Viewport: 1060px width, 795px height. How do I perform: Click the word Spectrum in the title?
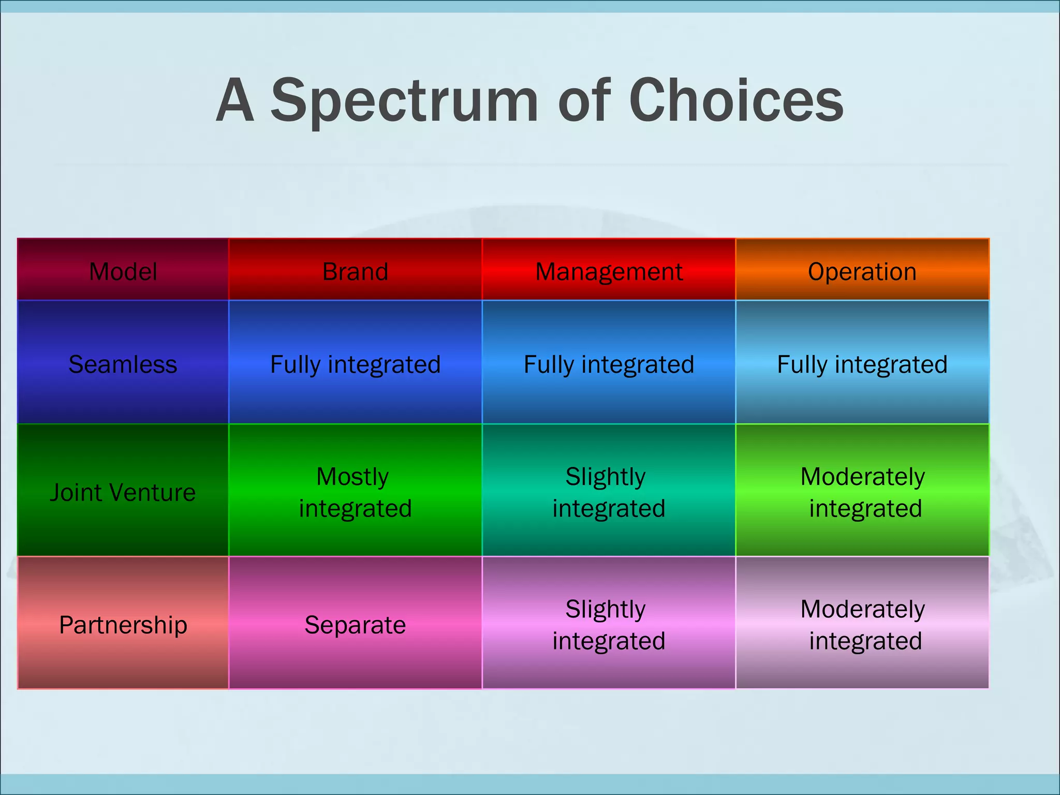pyautogui.click(x=405, y=101)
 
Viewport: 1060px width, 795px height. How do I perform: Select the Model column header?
pyautogui.click(x=123, y=271)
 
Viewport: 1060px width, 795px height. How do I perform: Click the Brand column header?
pyautogui.click(x=355, y=271)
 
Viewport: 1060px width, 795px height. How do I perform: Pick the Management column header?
pyautogui.click(x=609, y=271)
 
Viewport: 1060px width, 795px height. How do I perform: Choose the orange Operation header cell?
pyautogui.click(x=862, y=271)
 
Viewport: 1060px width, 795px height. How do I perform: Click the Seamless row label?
pyautogui.click(x=123, y=364)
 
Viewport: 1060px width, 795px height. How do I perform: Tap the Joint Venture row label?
pyautogui.click(x=123, y=492)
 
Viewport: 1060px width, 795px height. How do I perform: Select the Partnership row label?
pyautogui.click(x=123, y=625)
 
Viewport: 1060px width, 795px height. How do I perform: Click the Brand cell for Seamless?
pyautogui.click(x=355, y=364)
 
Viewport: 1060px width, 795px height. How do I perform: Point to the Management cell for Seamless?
pyautogui.click(x=609, y=364)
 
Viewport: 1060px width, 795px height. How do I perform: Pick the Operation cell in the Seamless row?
pyautogui.click(x=862, y=364)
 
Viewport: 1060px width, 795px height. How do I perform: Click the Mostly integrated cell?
pyautogui.click(x=355, y=492)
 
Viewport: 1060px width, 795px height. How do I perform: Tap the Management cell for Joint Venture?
pyautogui.click(x=609, y=492)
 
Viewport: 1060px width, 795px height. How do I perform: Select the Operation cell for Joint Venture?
pyautogui.click(x=862, y=492)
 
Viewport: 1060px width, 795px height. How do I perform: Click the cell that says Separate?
pyautogui.click(x=355, y=625)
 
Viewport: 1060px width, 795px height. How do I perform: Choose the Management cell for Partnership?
pyautogui.click(x=609, y=625)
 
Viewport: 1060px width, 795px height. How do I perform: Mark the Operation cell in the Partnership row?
pyautogui.click(x=862, y=625)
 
